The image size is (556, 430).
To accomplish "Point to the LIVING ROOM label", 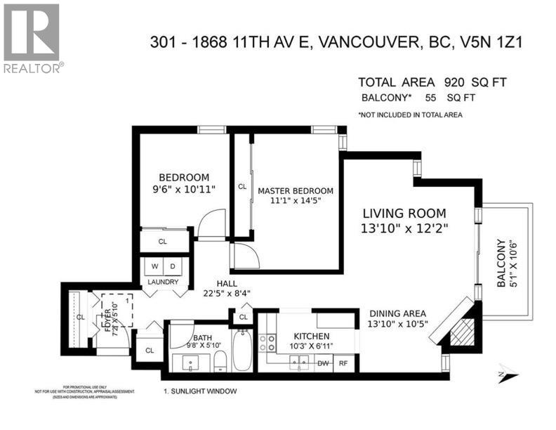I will pos(404,213).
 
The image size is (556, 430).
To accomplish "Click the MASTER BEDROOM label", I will pos(295,190).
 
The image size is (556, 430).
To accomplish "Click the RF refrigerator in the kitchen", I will pos(343,363).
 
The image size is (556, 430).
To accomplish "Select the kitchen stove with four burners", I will pos(268,342).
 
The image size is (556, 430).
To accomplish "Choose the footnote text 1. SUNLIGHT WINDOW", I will pos(200,391).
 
